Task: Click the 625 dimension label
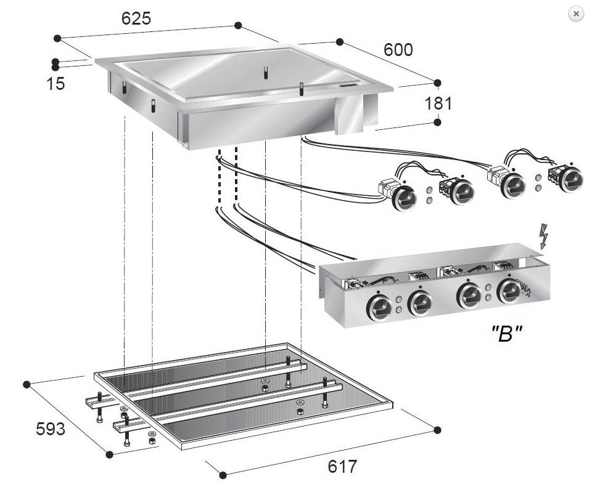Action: coord(136,18)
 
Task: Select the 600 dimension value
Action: coord(398,50)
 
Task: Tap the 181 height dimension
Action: coord(438,103)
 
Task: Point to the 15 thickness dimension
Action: coord(55,84)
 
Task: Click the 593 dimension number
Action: coord(50,429)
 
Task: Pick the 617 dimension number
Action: coord(342,467)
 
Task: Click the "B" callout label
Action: coord(507,334)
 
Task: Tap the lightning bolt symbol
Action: coord(543,236)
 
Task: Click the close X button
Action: coord(576,14)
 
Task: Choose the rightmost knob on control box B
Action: coord(509,292)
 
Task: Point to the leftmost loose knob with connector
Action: coord(404,198)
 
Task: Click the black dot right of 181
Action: coord(438,122)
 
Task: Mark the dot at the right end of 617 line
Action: coord(438,430)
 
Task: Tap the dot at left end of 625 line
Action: coord(57,38)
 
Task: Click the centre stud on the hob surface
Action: coord(266,73)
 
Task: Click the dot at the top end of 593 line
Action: coord(27,385)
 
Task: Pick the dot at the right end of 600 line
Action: coord(438,82)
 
